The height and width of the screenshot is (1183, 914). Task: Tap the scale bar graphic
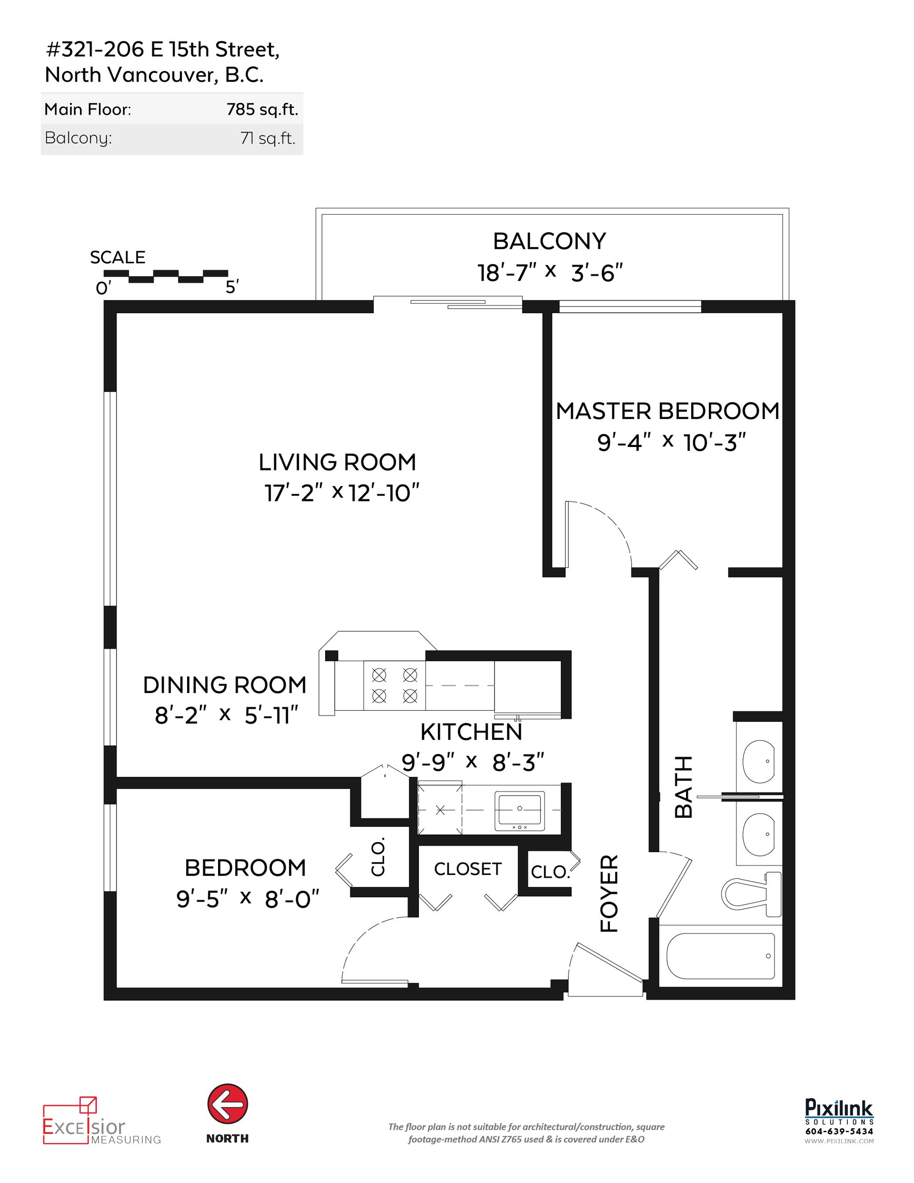165,276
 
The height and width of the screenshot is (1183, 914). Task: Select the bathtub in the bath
721,956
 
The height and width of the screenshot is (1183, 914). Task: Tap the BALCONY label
549,241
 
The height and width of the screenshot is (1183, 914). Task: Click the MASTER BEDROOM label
667,411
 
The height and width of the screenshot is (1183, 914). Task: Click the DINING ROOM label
224,685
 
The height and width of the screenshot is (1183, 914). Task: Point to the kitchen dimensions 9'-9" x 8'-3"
472,763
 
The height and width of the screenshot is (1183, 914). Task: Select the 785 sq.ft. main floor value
262,110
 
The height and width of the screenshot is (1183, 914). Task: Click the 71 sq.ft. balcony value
268,139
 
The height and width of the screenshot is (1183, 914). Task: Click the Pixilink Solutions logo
839,1108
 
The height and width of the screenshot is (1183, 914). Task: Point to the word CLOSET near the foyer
467,869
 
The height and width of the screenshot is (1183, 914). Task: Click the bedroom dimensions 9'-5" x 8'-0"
248,900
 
